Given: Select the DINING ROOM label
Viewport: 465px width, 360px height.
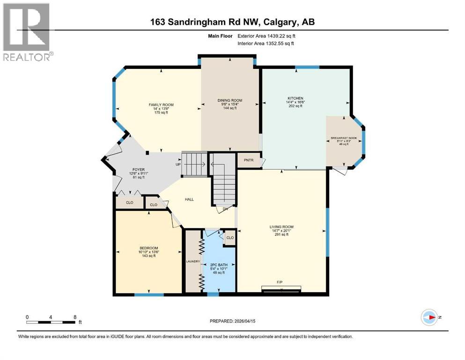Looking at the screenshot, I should tap(229, 100).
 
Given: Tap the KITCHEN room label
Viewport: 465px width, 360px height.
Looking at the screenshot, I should tap(295, 98).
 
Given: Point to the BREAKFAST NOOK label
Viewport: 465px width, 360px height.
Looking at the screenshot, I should tap(344, 138).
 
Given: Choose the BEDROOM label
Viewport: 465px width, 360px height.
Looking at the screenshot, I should tap(148, 247).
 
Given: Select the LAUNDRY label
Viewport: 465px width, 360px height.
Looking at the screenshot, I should tap(193, 262).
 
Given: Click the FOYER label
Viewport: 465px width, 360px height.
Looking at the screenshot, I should tap(138, 169).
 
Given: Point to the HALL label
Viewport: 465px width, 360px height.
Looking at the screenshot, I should tap(189, 199).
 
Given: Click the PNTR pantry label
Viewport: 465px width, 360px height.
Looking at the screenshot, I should tap(248, 160).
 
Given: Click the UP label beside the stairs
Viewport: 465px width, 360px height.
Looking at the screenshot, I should tap(178, 165).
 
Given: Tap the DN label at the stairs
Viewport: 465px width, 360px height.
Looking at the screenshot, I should tap(225, 209).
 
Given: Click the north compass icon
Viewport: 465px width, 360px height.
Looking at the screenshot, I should tap(429, 317).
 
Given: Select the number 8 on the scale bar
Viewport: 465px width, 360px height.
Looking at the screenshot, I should tap(75, 316).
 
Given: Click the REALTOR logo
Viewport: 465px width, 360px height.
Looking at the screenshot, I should tap(27, 31).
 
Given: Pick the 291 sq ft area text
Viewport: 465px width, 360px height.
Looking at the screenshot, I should tap(281, 235).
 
